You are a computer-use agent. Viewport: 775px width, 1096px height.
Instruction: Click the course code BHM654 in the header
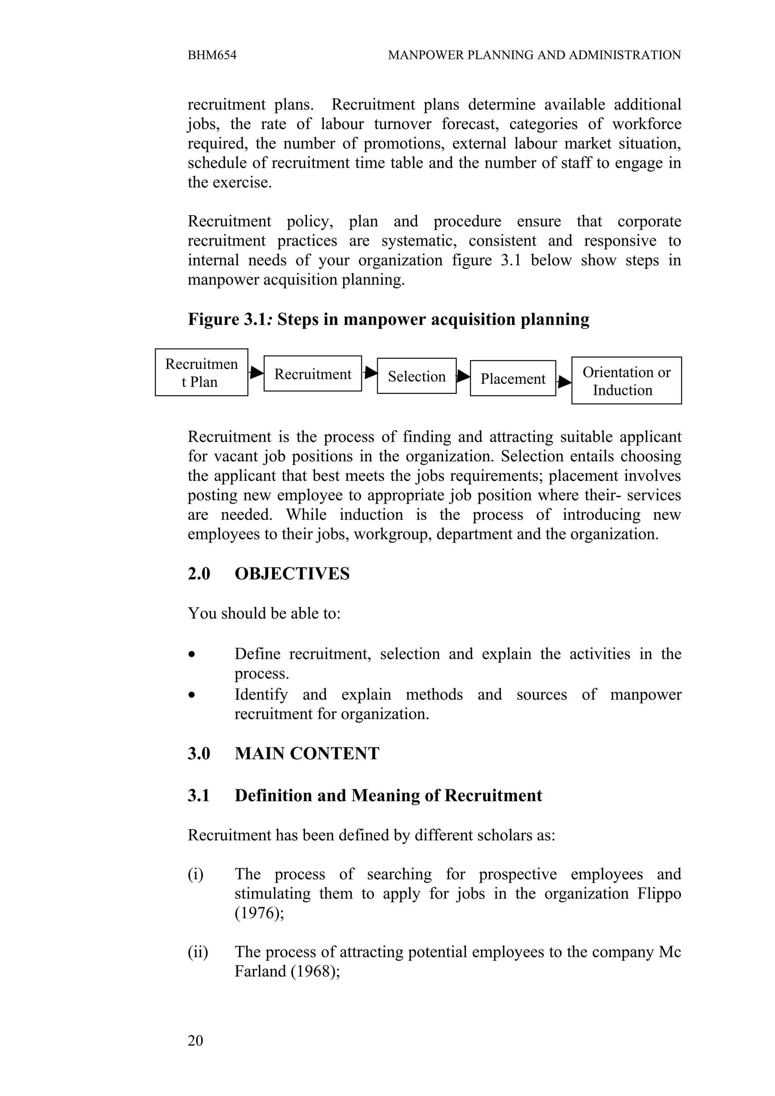point(212,55)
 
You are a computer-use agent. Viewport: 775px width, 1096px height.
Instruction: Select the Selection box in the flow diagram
point(416,376)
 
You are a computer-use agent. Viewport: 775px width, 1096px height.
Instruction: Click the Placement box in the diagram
point(512,379)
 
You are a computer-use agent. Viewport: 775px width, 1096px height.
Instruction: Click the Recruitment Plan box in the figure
point(201,373)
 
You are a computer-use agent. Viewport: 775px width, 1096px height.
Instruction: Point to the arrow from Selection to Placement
point(463,376)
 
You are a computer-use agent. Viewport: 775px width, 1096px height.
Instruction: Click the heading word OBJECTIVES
point(292,574)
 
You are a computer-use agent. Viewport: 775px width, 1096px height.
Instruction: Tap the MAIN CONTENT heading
point(307,754)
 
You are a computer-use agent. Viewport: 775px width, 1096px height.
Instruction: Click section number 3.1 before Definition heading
point(199,796)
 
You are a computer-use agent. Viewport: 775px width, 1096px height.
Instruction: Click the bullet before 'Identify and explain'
point(191,695)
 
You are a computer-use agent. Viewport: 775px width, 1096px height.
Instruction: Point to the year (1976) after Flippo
point(258,913)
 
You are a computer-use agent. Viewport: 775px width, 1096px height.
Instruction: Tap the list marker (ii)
point(198,952)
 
